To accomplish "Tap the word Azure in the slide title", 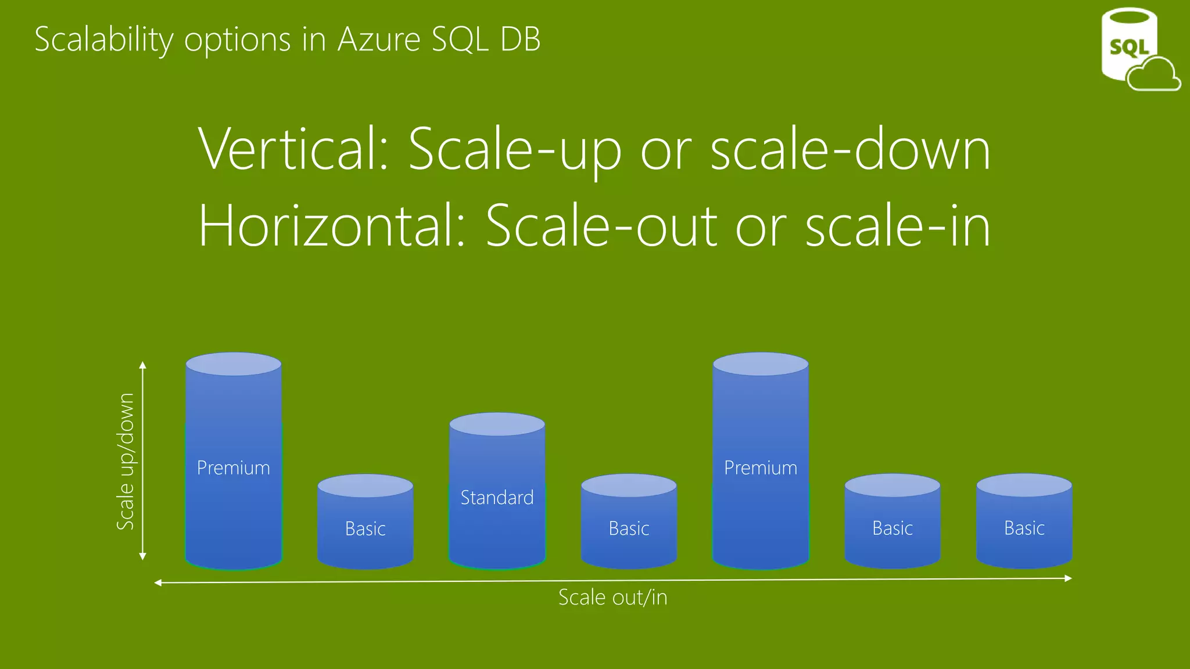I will [x=379, y=39].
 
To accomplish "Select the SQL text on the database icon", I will [x=1129, y=47].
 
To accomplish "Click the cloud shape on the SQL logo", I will [x=1153, y=75].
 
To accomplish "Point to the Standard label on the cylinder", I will [x=497, y=498].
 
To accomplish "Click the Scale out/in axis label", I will [x=612, y=598].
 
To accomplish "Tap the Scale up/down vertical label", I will [x=126, y=462].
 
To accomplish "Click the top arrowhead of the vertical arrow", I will [x=143, y=365].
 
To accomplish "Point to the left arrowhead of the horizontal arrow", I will [x=158, y=582].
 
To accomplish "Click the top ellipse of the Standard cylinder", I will [x=497, y=425].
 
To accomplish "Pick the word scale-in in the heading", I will [x=898, y=226].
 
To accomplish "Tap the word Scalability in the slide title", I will [x=104, y=39].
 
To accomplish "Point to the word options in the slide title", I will [x=237, y=39].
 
